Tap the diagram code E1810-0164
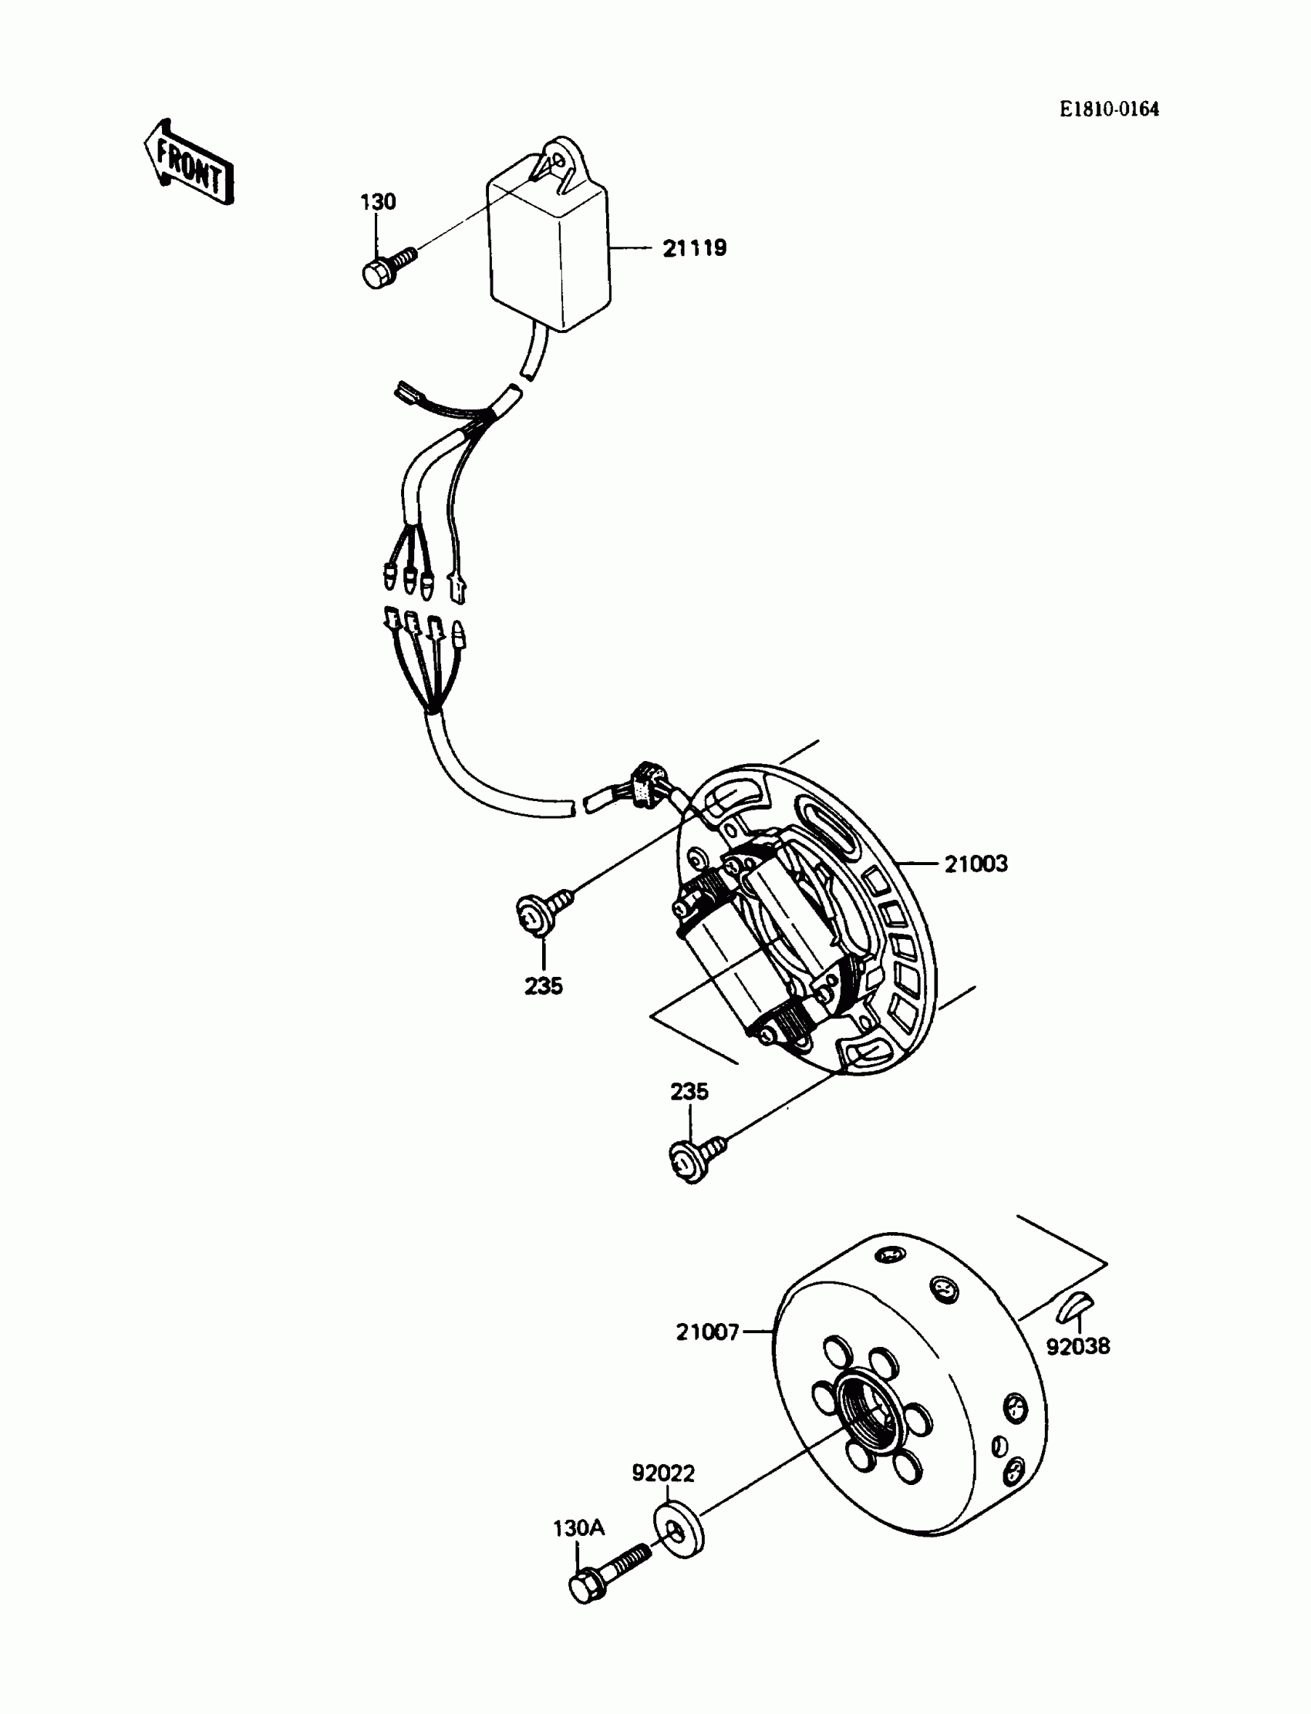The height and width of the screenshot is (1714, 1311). coord(1109,109)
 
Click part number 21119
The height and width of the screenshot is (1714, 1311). coord(695,248)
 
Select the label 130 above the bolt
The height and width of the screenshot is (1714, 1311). coord(378,202)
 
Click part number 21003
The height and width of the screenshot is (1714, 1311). coord(976,864)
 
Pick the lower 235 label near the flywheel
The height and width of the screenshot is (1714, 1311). coord(689,1092)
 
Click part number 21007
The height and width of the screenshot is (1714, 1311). coord(708,1332)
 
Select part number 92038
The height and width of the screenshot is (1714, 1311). coord(1077,1345)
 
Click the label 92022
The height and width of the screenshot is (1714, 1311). coord(663,1473)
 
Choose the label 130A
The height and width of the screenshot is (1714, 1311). coord(578,1527)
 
